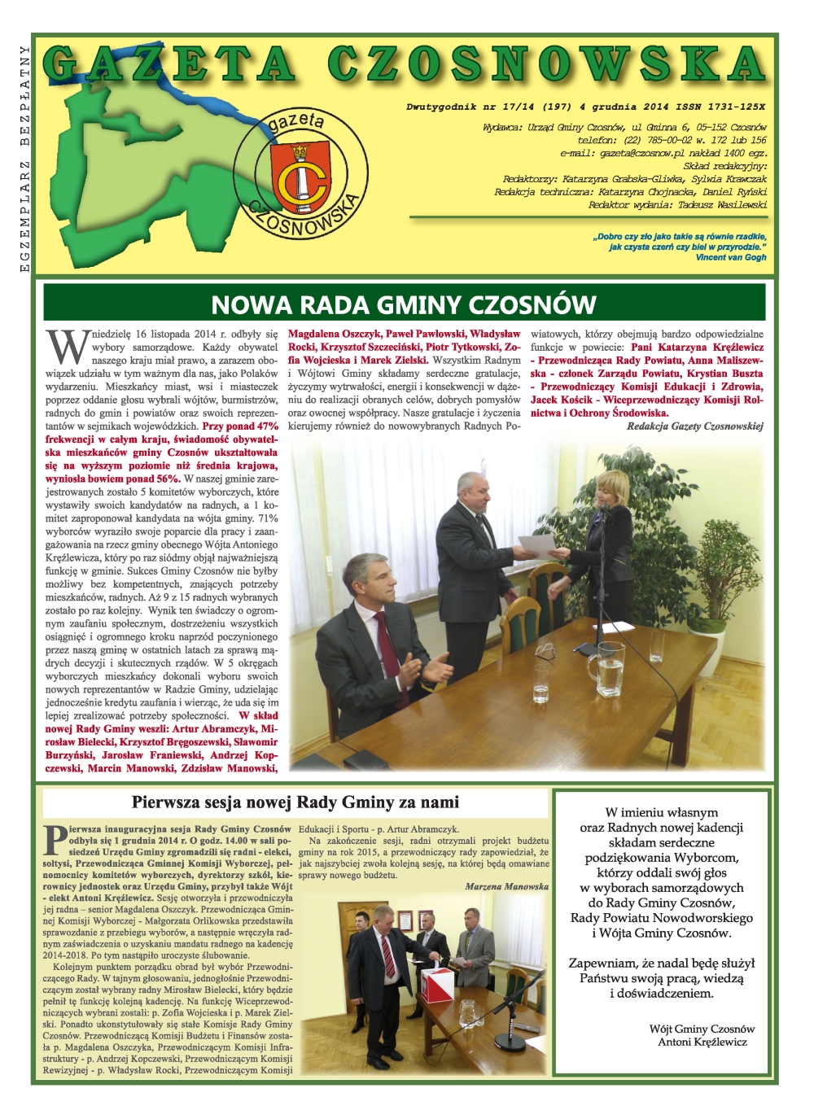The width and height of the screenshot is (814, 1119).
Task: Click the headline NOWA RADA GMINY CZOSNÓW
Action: pos(404,304)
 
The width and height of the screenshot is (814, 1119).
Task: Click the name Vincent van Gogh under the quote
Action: pos(731,257)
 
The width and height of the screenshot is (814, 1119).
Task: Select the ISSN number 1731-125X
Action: pos(731,107)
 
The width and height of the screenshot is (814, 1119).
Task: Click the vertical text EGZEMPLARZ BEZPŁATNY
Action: pos(24,159)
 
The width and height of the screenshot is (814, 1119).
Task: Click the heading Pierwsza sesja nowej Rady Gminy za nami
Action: pos(295,802)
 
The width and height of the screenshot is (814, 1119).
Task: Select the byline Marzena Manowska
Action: pos(506,886)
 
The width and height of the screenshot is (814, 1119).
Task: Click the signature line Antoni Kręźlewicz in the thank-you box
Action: pos(702,1042)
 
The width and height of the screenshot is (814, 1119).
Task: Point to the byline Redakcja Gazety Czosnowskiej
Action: pos(694,426)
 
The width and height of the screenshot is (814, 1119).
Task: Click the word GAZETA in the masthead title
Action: pos(170,65)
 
